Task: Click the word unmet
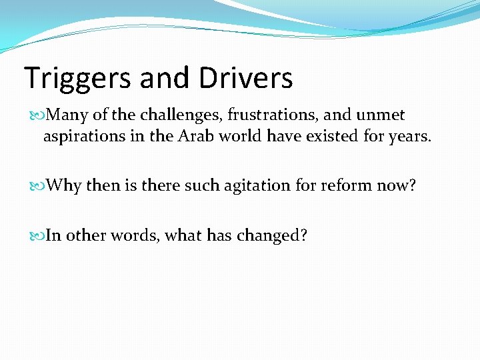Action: [381, 115]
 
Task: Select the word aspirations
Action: [82, 137]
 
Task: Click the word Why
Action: [64, 185]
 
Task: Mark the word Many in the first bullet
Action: [64, 115]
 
